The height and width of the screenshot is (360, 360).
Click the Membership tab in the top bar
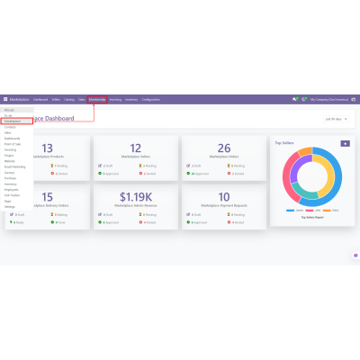coord(97,99)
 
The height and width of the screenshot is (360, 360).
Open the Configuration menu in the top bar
coord(151,99)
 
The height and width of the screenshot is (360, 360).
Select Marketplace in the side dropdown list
coord(13,121)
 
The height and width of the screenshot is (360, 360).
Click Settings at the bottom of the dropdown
coord(9,206)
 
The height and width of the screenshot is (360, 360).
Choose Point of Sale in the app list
coord(13,143)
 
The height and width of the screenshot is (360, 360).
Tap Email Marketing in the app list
coord(13,166)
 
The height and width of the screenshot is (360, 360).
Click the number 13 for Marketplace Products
coord(49,148)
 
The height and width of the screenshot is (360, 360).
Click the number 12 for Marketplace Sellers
coord(134,148)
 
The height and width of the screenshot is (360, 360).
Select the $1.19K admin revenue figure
coord(134,196)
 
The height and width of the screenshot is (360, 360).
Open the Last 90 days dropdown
coord(332,118)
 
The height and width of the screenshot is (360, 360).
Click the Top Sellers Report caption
coord(311,217)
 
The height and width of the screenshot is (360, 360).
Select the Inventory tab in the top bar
coord(131,99)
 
